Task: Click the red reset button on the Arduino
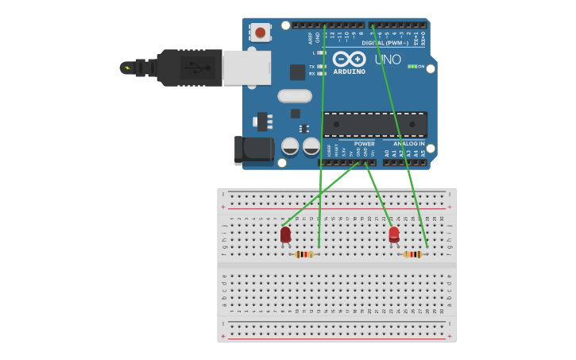pos(260,32)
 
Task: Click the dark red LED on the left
pos(285,234)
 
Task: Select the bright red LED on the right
pos(394,234)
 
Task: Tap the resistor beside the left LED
pos(303,254)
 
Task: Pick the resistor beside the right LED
pos(412,254)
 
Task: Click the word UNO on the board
pos(388,60)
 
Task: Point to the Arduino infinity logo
pos(349,59)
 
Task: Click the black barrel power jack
pos(253,149)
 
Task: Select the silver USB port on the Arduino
pos(246,68)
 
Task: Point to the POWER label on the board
pos(365,144)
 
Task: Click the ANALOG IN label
pos(408,144)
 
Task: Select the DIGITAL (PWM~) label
pos(389,43)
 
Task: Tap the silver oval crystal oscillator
pos(295,95)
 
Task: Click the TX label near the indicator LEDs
pos(311,67)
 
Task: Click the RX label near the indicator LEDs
pos(311,74)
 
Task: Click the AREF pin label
pos(311,37)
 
